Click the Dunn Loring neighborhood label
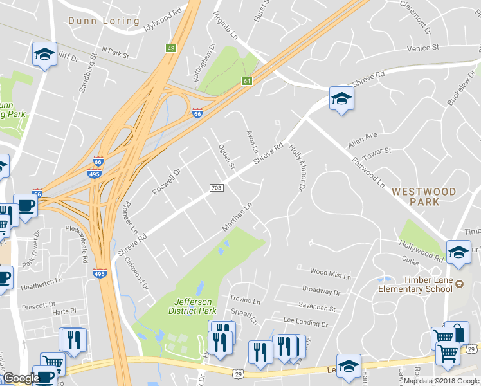pyautogui.click(x=104, y=21)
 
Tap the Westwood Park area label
pyautogui.click(x=424, y=196)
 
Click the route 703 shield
pyautogui.click(x=216, y=187)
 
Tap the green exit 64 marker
pyautogui.click(x=246, y=81)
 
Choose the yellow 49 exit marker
pyautogui.click(x=171, y=48)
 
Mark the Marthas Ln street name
pyautogui.click(x=236, y=216)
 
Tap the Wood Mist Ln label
pyautogui.click(x=331, y=275)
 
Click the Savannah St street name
pyautogui.click(x=317, y=308)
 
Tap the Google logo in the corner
pyautogui.click(x=21, y=378)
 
